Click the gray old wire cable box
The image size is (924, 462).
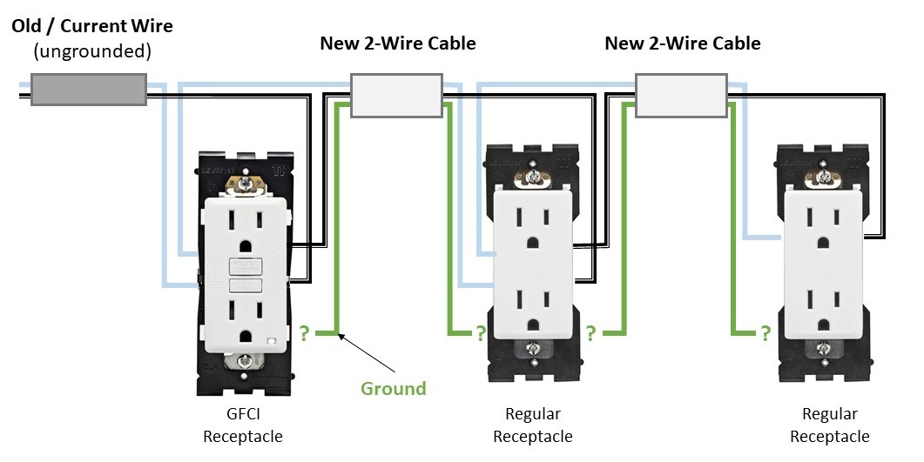click(x=88, y=89)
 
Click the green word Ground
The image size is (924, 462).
click(x=394, y=388)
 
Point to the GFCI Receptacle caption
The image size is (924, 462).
click(x=242, y=425)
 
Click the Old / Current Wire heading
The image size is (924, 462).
click(x=92, y=26)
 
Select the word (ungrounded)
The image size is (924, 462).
click(x=92, y=52)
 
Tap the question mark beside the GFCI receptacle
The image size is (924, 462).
click(x=304, y=333)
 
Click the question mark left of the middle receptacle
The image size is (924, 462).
click(x=479, y=332)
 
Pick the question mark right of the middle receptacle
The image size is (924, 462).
click(x=590, y=332)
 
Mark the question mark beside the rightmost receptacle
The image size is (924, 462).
click(x=766, y=332)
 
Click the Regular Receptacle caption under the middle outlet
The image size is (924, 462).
click(x=533, y=425)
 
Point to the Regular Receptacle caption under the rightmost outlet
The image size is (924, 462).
click(x=829, y=425)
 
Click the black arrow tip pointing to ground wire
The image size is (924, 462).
click(x=341, y=333)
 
